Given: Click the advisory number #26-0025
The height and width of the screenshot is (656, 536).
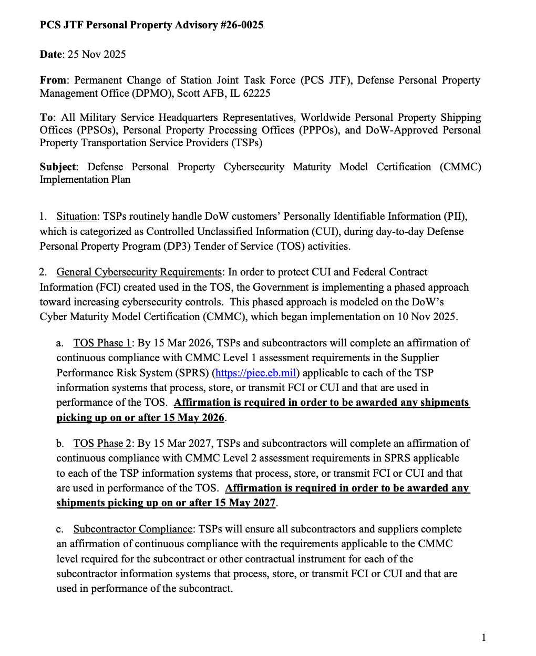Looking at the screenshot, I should [x=242, y=25].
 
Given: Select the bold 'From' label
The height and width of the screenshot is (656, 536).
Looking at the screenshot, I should [x=53, y=80].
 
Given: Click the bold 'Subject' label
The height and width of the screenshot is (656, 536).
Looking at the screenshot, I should [x=58, y=167].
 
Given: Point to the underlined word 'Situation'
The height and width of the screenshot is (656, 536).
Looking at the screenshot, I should [x=77, y=217].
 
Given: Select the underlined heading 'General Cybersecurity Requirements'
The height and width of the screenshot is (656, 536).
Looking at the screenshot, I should [x=139, y=272].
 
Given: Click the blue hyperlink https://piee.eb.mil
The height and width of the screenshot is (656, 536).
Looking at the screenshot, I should [x=256, y=373].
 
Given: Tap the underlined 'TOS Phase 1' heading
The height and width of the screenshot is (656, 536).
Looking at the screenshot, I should [x=102, y=343].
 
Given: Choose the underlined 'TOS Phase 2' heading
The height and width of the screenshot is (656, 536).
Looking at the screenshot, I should [x=102, y=444].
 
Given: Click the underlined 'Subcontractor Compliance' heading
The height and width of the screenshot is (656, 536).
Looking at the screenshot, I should [x=133, y=529].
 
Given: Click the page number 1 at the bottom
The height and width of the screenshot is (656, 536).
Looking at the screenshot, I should [x=483, y=638].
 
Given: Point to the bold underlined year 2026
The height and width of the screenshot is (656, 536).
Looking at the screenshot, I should [x=211, y=418].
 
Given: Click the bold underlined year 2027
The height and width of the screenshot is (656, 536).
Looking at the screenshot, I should [x=262, y=503].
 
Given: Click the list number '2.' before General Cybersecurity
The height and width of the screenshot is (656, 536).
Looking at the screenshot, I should [x=43, y=272].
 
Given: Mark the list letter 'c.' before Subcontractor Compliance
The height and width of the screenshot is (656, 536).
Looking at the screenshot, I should [x=60, y=529].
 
